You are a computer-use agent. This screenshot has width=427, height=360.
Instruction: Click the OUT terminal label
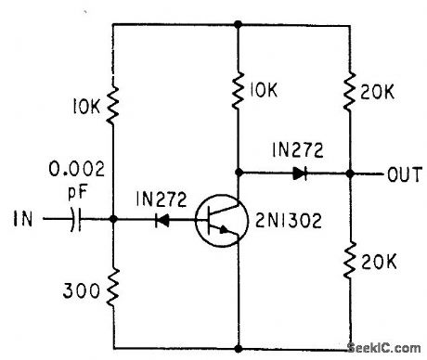tap(401, 174)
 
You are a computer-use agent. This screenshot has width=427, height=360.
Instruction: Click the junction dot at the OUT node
tap(351, 173)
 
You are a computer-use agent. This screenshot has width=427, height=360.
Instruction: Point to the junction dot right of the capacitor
tap(111, 221)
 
